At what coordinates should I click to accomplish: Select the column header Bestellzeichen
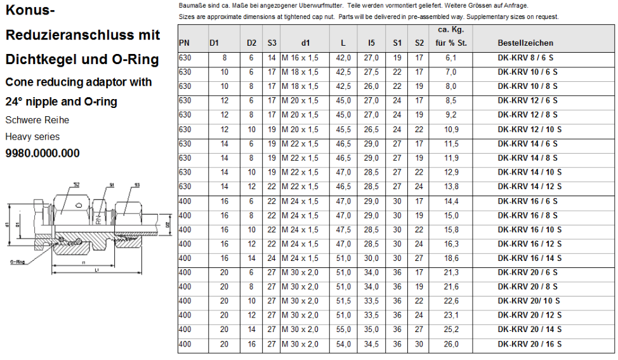[525, 43]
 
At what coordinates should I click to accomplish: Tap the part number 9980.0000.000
[43, 153]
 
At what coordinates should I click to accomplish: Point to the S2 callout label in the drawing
[76, 185]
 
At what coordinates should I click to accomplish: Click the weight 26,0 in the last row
[451, 344]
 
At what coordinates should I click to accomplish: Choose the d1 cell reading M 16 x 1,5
[300, 58]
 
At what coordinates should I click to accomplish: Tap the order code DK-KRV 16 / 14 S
[529, 258]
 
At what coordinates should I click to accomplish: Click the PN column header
[184, 43]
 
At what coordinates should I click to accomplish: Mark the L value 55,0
[343, 330]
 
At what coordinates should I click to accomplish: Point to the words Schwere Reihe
[37, 120]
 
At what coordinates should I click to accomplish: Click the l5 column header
[371, 43]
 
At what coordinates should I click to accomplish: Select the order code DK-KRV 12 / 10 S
[529, 130]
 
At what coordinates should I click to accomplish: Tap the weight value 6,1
[451, 58]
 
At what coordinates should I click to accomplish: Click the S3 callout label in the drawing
[136, 185]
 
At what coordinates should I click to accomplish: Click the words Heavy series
[32, 137]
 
